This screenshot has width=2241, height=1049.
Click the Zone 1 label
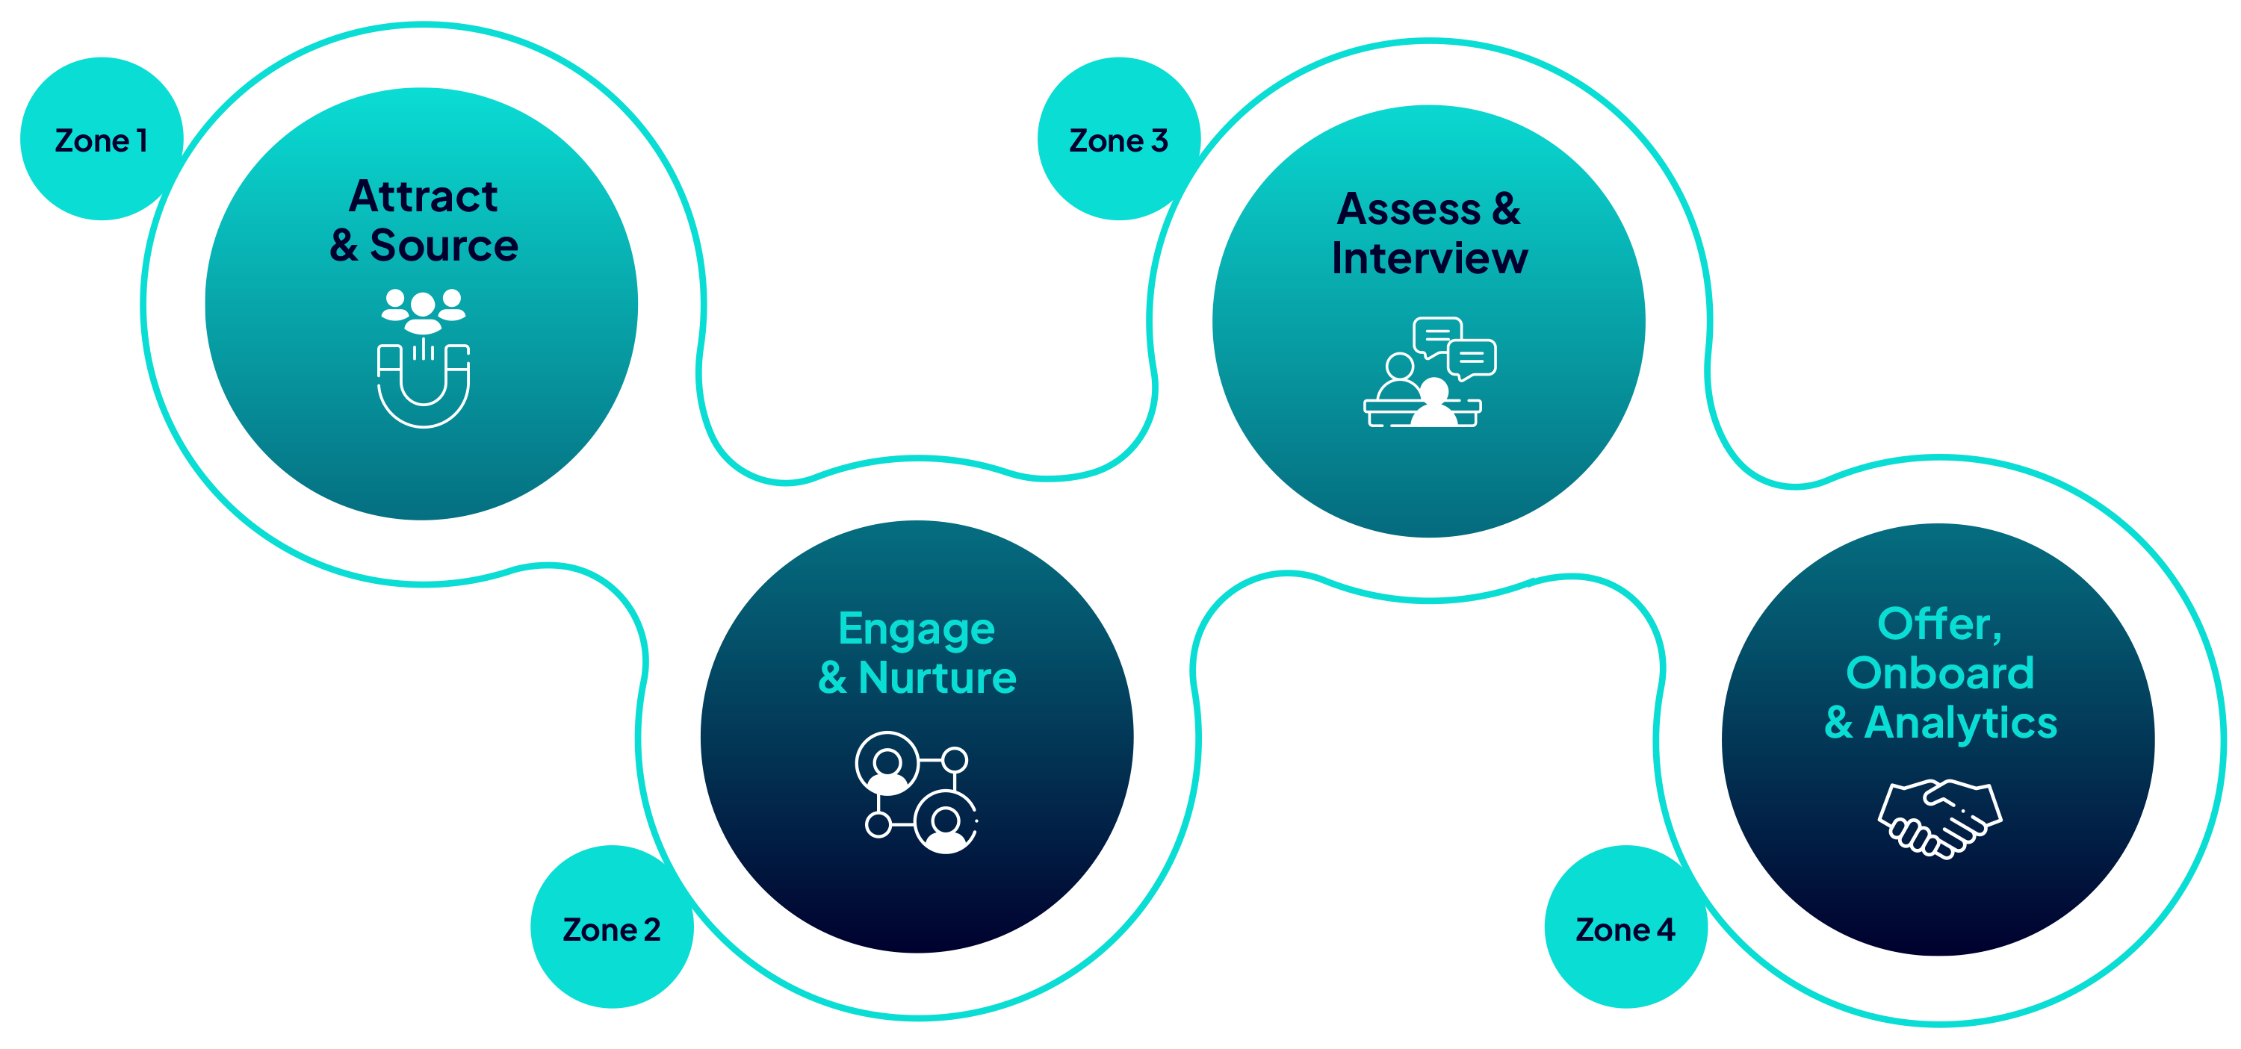tap(101, 140)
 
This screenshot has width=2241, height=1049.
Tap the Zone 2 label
tap(612, 929)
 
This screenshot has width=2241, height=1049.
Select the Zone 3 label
tap(1118, 140)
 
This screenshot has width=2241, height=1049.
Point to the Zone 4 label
tap(1625, 929)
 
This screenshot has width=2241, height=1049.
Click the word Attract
tap(423, 196)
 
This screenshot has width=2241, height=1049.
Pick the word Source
tap(444, 246)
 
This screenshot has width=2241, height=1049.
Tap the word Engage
tap(916, 629)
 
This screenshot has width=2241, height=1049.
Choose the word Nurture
tap(937, 678)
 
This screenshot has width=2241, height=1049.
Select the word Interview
tap(1429, 258)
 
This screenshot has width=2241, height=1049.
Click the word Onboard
tap(1940, 673)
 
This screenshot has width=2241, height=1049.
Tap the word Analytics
tap(1960, 723)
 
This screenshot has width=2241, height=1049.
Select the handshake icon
tap(1940, 818)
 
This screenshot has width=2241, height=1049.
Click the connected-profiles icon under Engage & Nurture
tap(917, 791)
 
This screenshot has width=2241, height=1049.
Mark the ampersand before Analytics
tap(1838, 723)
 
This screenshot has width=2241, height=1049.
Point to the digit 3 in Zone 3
tap(1159, 140)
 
